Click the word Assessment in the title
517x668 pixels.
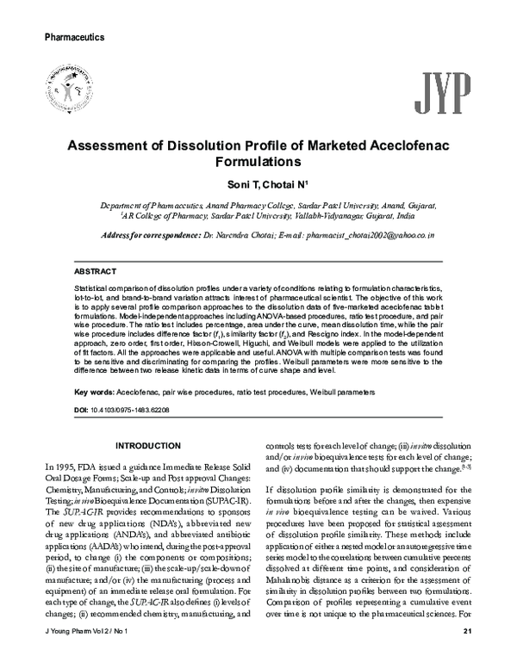pyautogui.click(x=112, y=145)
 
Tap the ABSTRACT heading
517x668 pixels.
pyautogui.click(x=97, y=270)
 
